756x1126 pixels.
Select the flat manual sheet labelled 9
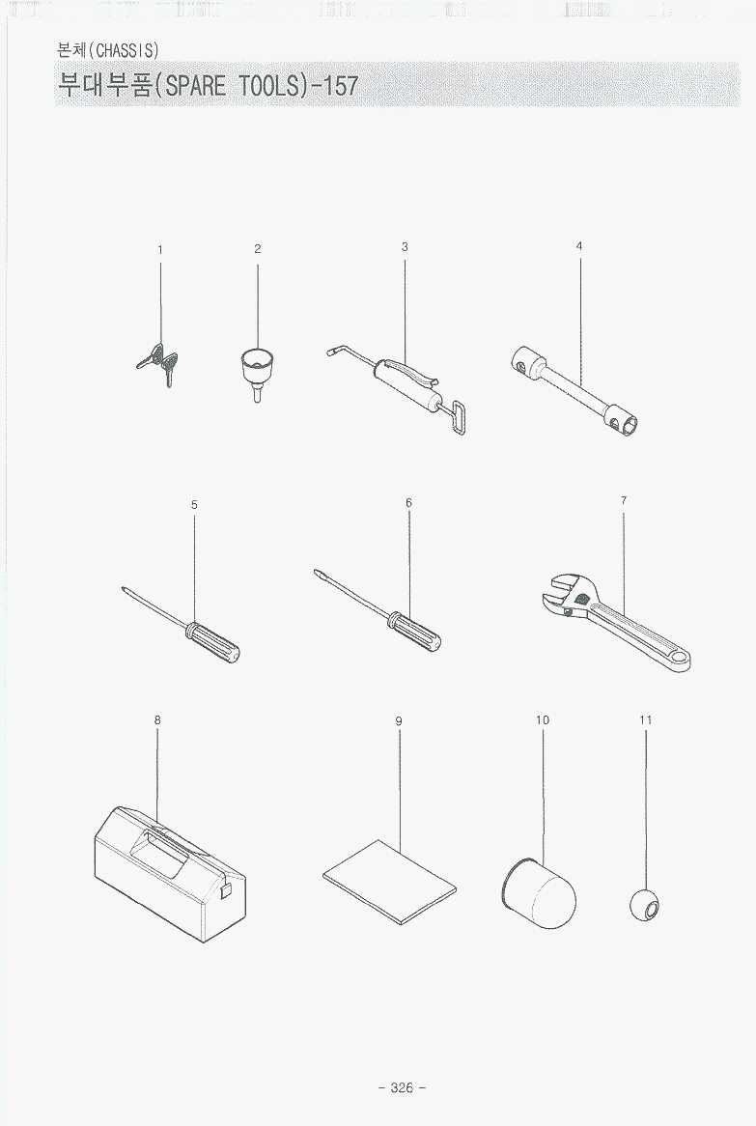point(390,882)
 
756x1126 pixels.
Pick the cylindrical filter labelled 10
point(539,892)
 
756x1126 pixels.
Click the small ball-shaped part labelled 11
point(644,906)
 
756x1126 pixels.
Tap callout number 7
point(623,500)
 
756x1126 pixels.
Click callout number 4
point(579,245)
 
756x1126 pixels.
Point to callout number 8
point(157,719)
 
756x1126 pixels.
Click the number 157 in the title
point(340,85)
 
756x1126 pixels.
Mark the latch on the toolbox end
point(226,890)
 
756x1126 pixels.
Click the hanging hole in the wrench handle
point(676,656)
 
